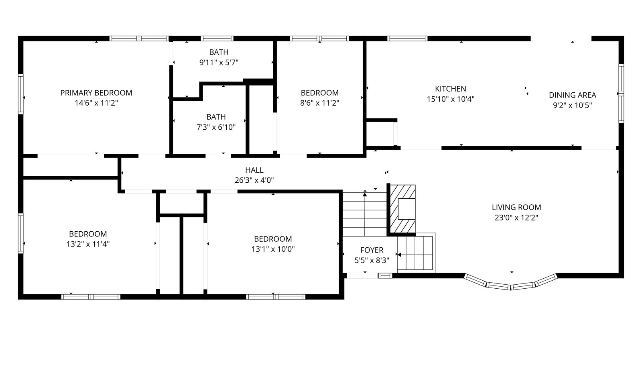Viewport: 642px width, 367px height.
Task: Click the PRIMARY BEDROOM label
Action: click(96, 93)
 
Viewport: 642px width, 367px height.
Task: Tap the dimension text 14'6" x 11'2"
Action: click(96, 103)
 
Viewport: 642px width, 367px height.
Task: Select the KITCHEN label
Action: click(451, 89)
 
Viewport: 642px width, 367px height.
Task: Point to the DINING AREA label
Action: click(572, 95)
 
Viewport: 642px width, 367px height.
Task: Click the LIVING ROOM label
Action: click(516, 207)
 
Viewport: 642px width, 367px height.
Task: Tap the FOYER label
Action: click(372, 250)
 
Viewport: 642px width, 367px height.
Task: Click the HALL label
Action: click(254, 170)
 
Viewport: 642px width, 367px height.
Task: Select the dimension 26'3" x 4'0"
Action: click(254, 180)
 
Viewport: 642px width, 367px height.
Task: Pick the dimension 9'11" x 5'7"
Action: click(219, 63)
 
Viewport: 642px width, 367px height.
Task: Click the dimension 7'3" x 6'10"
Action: click(216, 127)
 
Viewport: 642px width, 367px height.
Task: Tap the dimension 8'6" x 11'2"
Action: click(319, 103)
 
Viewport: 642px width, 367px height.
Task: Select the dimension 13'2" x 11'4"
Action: click(88, 244)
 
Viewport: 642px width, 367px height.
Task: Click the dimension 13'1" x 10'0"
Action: click(273, 249)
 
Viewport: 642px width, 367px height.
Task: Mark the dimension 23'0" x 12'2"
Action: click(516, 218)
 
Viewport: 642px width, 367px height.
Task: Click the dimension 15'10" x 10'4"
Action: click(451, 99)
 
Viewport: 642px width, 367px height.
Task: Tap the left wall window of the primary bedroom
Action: click(20, 94)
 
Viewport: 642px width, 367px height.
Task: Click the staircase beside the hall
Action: click(365, 214)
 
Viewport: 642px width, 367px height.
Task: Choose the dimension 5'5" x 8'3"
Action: click(372, 261)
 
